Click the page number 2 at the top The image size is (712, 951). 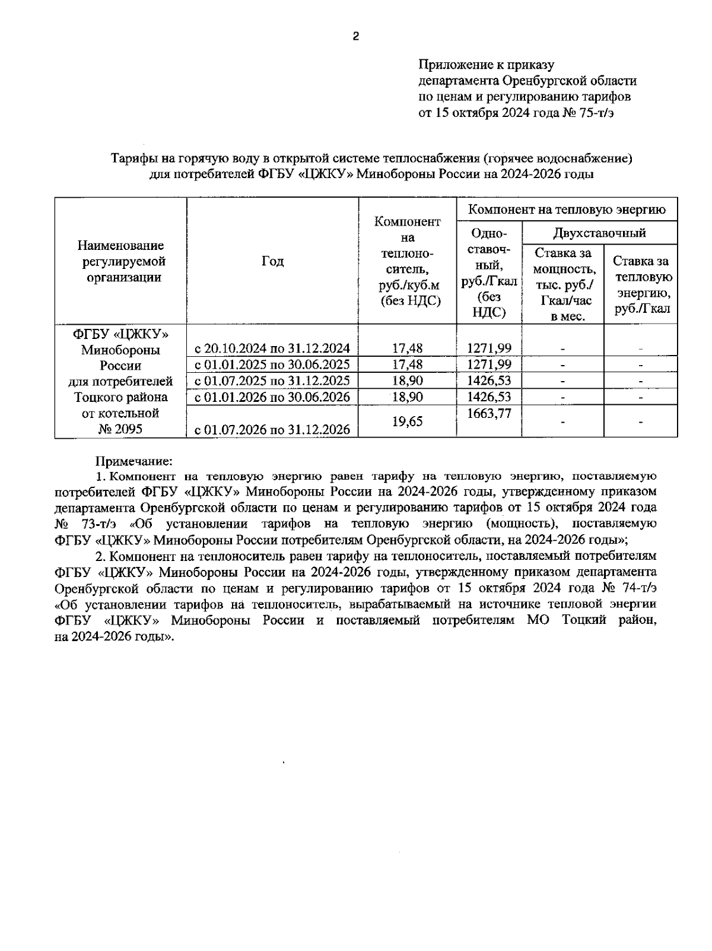(355, 37)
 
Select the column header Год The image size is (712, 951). (272, 261)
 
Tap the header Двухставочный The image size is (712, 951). (599, 233)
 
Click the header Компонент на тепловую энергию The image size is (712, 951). (567, 210)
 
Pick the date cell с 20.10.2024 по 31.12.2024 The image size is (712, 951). (272, 348)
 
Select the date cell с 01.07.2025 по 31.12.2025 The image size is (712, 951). (272, 381)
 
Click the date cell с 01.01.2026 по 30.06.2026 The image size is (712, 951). (272, 397)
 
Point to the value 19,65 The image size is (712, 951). (408, 421)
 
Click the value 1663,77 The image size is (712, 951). (489, 414)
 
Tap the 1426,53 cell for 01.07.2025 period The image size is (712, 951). (489, 381)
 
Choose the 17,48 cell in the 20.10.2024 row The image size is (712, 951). (408, 348)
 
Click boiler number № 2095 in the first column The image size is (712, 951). (120, 429)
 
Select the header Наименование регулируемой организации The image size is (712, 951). (120, 261)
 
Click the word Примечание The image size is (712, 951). (134, 461)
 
